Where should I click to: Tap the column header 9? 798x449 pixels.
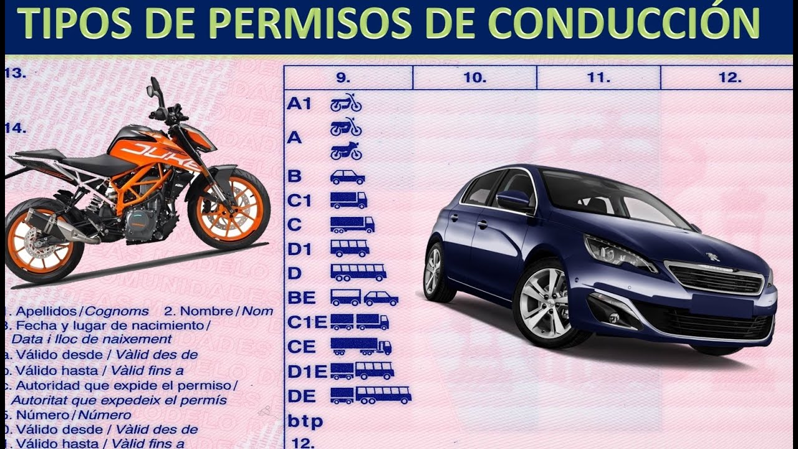344,78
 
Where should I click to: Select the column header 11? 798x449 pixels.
598,78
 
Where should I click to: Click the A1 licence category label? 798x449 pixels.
299,104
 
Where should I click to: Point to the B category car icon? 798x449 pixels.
347,177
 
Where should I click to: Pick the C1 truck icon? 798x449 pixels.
348,200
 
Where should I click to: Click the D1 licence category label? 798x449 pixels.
299,248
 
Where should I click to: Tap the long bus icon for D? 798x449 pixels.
358,273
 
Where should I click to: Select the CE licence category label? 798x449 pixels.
302,347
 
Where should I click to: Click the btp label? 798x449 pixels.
305,422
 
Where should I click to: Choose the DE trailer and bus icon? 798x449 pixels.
370,395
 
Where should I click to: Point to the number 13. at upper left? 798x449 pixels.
16,73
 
